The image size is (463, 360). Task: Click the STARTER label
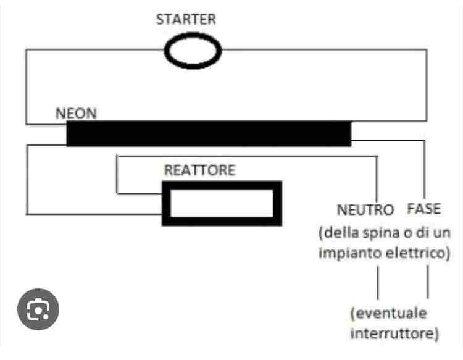click(186, 19)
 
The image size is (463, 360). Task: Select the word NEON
click(76, 114)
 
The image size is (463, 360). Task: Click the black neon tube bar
click(208, 133)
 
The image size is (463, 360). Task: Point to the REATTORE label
click(199, 170)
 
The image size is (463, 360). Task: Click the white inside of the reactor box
click(222, 204)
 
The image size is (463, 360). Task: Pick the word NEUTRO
click(365, 209)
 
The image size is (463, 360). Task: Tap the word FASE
click(424, 209)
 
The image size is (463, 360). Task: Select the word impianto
click(349, 254)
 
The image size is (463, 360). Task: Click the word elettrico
click(415, 254)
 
